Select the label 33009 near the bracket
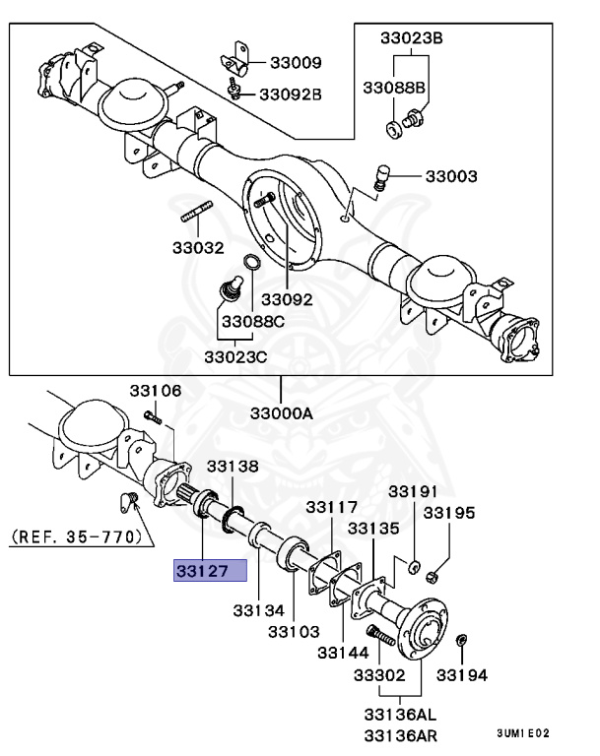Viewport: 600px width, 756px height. point(291,63)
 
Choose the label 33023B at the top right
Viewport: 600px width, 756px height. point(412,38)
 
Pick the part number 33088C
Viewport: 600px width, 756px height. point(253,322)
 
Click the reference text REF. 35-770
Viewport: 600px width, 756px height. point(78,537)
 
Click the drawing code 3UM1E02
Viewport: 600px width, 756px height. point(523,733)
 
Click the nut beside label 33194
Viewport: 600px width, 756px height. point(463,642)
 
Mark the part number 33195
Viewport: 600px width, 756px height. point(449,514)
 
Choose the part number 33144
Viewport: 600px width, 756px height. point(343,652)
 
